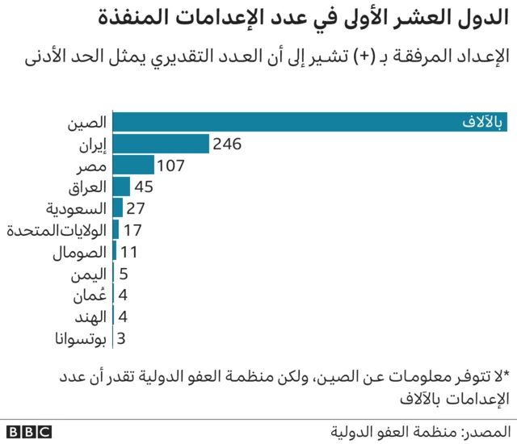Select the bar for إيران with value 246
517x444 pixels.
[161, 145]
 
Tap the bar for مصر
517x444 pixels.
[133, 165]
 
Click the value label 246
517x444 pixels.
[227, 145]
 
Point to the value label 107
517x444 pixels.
[172, 165]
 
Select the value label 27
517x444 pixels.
[136, 209]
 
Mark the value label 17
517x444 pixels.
[132, 230]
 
